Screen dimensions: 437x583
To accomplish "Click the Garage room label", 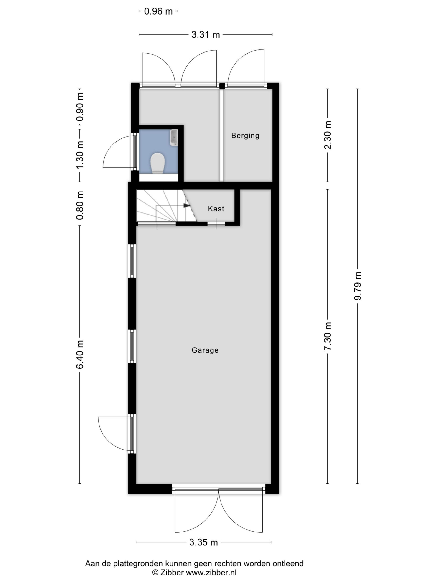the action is [205, 350].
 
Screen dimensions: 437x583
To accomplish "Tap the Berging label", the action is [245, 136].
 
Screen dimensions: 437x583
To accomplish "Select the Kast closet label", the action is [216, 209].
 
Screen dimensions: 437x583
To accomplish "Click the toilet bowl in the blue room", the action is [158, 163].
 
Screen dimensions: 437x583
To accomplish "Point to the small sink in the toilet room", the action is [174, 138].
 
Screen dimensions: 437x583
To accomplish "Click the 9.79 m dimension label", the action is [357, 286].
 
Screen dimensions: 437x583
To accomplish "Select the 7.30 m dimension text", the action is [328, 336].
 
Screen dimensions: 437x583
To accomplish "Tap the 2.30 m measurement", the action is [328, 135].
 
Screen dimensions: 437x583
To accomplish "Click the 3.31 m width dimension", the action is [206, 35].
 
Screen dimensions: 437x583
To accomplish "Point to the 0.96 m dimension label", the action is [158, 11].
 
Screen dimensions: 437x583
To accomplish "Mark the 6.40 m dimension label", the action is [80, 354].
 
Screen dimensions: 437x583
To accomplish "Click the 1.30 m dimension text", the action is [80, 155].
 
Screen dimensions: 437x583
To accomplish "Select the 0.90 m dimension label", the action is [80, 107].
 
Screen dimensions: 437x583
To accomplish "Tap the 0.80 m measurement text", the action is [80, 205].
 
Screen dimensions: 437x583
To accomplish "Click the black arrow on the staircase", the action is [186, 205].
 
